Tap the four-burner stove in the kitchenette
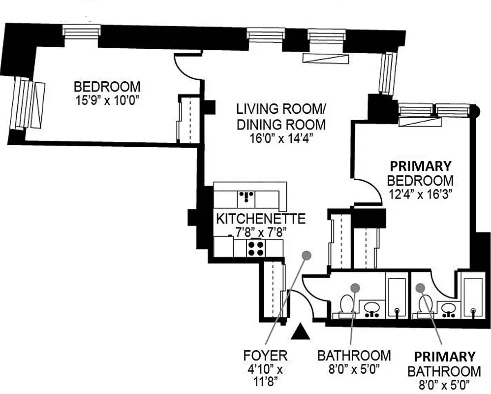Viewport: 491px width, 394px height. pos(255,248)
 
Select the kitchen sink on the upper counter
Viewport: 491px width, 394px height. pos(246,198)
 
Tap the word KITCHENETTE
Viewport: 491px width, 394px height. pos(261,218)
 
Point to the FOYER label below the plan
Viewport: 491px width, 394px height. pos(265,355)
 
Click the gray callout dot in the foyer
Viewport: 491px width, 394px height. pos(307,255)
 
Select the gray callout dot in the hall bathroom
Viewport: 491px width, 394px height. pos(355,287)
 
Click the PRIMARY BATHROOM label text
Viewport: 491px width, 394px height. pos(444,364)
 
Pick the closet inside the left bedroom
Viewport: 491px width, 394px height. pos(189,120)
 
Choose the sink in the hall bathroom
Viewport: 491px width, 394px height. pos(372,308)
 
